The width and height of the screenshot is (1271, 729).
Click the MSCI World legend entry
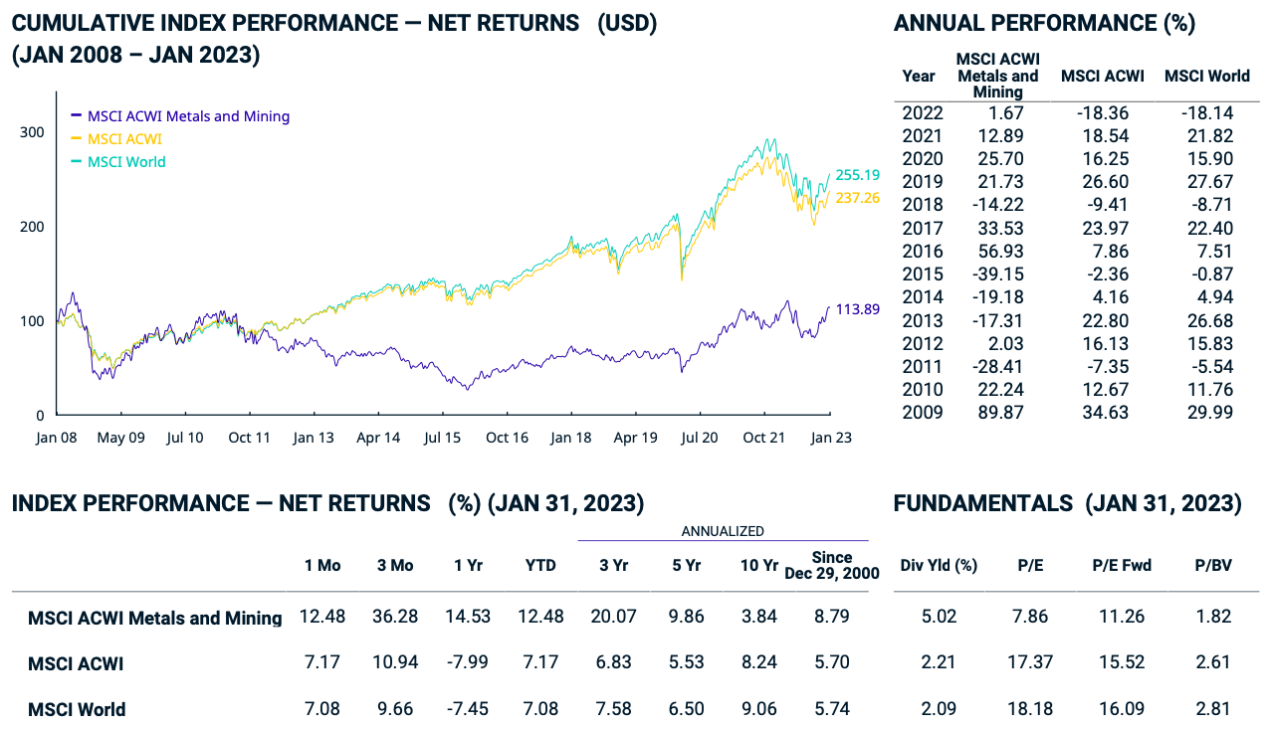click(126, 161)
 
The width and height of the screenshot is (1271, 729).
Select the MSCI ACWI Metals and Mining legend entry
click(188, 115)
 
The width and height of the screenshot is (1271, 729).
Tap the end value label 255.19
click(857, 174)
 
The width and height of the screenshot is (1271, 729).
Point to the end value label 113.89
click(857, 309)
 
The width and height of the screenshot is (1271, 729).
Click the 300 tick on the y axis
click(32, 132)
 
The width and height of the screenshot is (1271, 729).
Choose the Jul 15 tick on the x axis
click(442, 437)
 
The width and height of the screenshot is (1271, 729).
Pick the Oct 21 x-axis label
click(764, 437)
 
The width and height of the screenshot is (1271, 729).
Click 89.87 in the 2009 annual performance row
click(997, 411)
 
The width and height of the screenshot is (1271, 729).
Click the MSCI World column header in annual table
click(1206, 76)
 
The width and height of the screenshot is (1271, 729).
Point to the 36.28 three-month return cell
click(395, 617)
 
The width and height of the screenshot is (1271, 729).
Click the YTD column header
click(540, 565)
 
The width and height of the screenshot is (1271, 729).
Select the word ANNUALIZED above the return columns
click(723, 532)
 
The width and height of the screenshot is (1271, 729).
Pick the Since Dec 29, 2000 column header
click(832, 565)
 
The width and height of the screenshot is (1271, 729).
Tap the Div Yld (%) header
click(939, 565)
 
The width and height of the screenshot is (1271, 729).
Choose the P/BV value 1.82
click(1213, 617)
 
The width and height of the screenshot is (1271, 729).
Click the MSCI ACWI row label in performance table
click(76, 663)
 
